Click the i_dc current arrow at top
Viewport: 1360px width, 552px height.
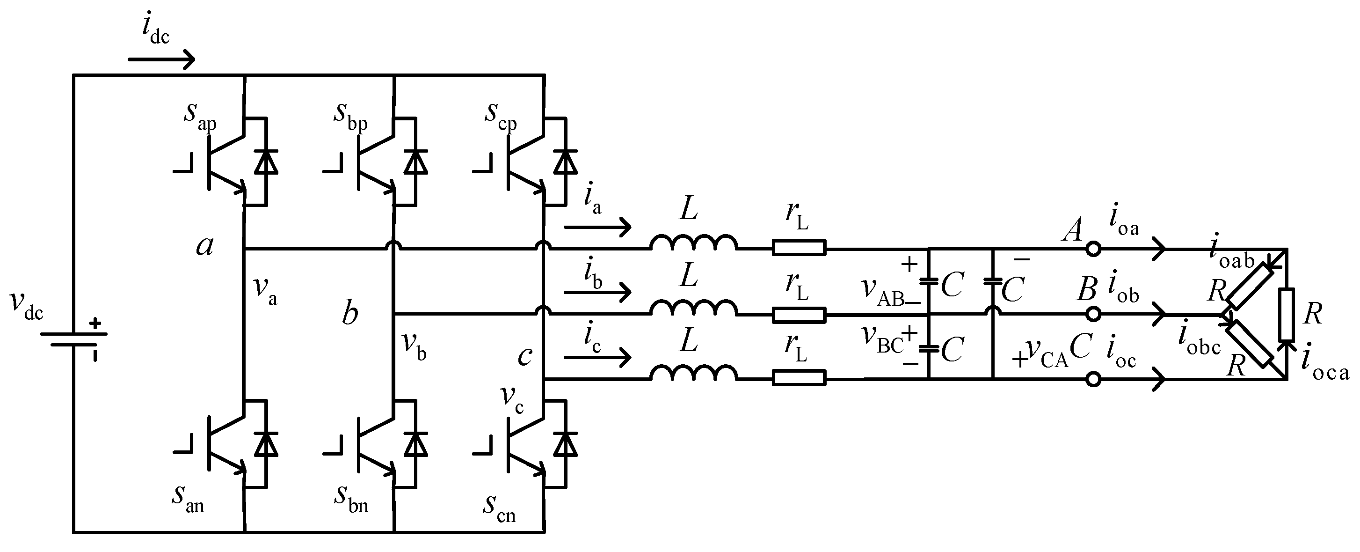click(x=161, y=59)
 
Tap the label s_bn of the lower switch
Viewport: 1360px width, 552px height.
click(x=350, y=499)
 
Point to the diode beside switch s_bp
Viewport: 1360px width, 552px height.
click(x=415, y=162)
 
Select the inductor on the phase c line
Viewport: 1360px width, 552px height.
click(x=693, y=373)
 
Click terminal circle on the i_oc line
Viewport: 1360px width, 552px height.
click(x=1093, y=379)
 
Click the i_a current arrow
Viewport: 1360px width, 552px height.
click(x=597, y=228)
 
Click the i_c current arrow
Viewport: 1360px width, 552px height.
click(x=597, y=358)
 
